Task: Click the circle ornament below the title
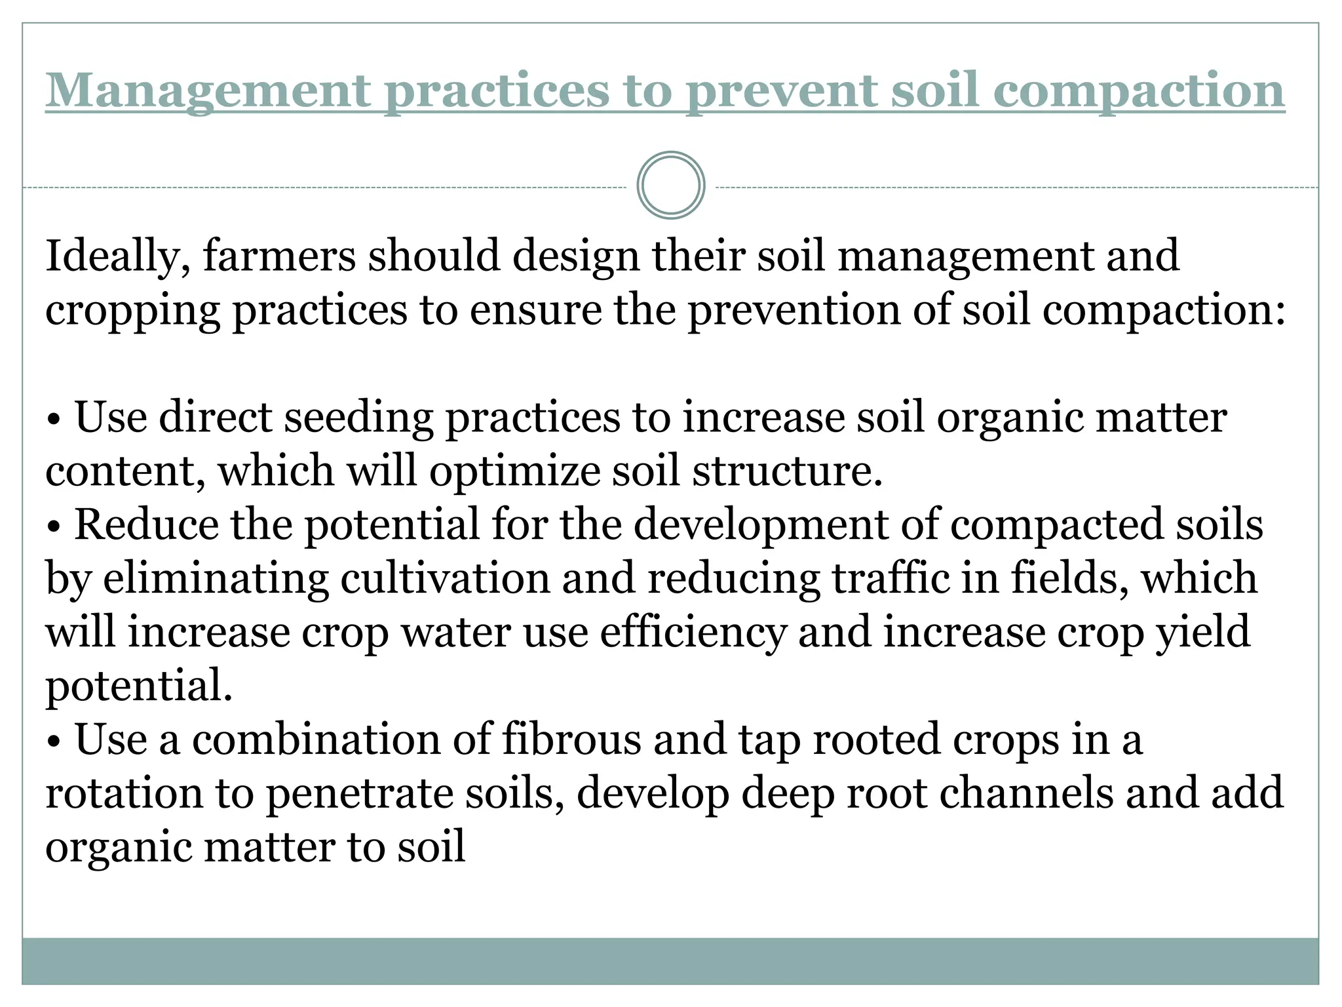[x=670, y=186]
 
